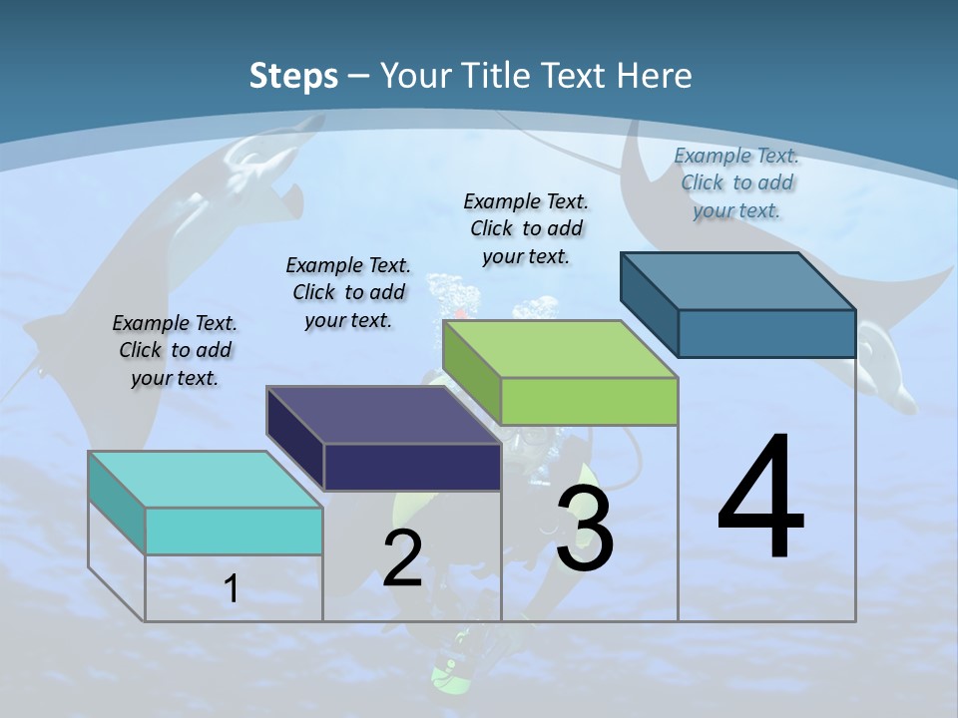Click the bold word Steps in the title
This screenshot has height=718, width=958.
292,76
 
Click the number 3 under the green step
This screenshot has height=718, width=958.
585,529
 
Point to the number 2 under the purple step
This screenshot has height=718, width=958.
402,558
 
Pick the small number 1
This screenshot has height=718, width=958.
232,589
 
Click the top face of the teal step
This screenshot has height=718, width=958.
205,480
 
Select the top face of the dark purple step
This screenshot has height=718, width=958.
382,415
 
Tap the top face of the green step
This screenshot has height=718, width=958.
560,349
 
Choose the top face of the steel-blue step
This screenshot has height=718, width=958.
737,281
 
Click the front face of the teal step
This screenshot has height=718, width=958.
234,531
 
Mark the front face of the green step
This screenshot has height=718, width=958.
589,401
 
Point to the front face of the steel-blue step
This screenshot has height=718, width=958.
766,333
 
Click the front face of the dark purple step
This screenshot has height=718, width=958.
412,467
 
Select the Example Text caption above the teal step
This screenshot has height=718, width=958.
175,350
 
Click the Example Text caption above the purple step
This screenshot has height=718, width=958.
348,292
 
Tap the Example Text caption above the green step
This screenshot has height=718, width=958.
526,228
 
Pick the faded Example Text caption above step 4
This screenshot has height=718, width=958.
736,182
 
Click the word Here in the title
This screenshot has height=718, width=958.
656,76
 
